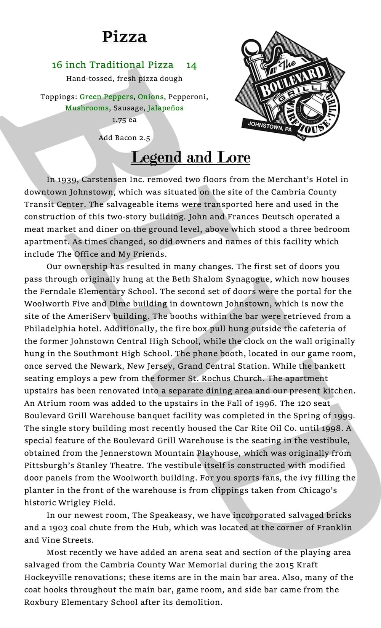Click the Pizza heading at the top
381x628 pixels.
(124, 37)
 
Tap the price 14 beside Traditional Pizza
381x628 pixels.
(191, 66)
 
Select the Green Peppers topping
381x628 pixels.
(106, 97)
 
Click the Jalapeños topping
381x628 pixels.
(165, 108)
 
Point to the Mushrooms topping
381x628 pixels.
(87, 108)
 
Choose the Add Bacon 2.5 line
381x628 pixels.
(124, 138)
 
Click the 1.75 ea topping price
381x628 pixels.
(124, 120)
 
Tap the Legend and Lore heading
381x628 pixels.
(190, 157)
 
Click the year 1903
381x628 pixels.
(51, 528)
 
